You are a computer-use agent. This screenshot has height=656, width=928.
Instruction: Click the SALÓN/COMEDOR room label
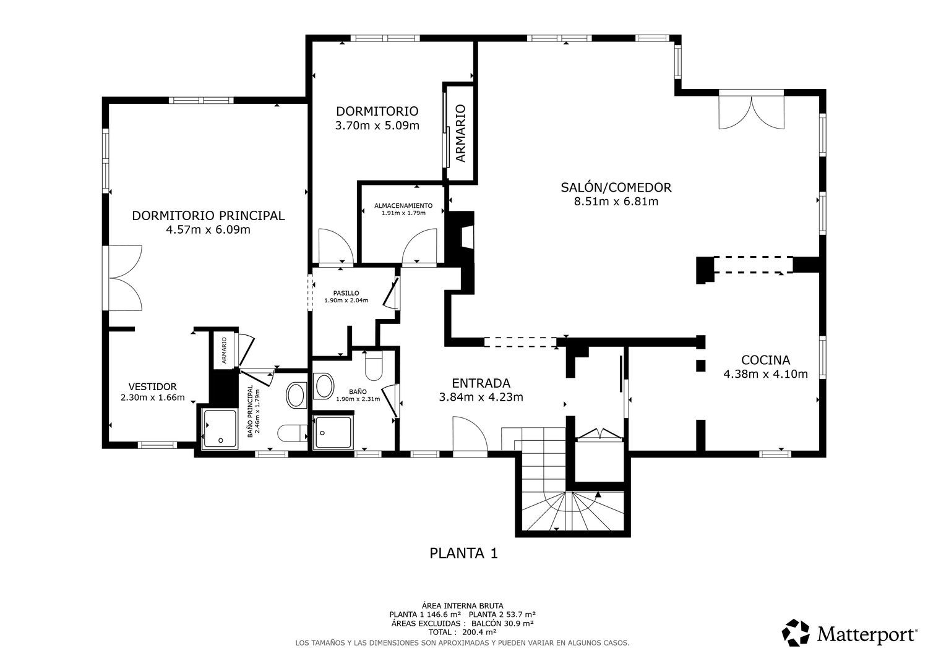click(616, 187)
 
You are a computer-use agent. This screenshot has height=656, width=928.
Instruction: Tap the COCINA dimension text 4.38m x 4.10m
click(766, 374)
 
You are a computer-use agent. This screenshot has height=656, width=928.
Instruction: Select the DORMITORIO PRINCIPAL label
click(208, 216)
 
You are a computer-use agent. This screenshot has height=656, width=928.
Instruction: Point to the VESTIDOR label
click(152, 387)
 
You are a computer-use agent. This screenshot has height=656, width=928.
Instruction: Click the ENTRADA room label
click(481, 383)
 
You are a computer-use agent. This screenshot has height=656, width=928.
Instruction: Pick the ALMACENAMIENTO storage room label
click(403, 205)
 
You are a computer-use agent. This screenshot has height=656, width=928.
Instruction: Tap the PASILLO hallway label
click(346, 293)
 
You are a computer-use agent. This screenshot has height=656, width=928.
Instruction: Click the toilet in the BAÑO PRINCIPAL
click(291, 433)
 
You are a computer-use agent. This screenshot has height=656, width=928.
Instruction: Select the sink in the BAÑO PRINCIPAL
click(296, 395)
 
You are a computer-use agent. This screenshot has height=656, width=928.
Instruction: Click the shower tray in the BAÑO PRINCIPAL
click(220, 429)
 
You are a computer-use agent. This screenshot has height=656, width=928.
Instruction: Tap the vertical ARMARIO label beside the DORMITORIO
click(461, 134)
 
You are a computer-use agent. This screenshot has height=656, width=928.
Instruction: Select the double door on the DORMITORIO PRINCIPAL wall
click(122, 278)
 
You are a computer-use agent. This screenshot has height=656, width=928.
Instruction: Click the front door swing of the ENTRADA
click(470, 437)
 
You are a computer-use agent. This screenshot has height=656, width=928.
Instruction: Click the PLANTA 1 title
click(463, 553)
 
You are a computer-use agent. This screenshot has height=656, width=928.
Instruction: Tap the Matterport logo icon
click(796, 633)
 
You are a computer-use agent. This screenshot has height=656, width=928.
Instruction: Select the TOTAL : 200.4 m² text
click(463, 632)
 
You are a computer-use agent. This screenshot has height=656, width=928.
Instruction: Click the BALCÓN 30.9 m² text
click(502, 623)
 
